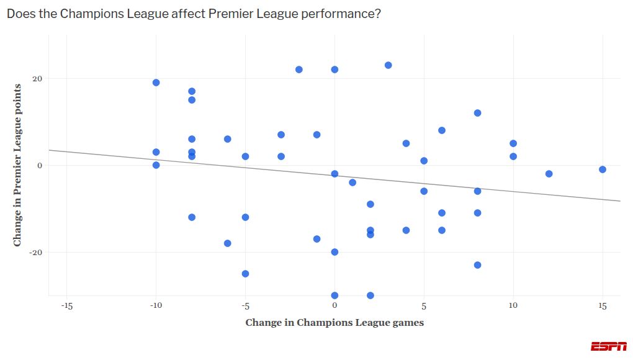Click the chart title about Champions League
point(194,14)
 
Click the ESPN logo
point(608,346)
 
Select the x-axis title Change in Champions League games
point(334,322)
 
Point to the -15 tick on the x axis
point(66,306)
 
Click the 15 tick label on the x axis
point(602,306)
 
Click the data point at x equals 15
point(602,169)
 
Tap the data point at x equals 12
point(549,174)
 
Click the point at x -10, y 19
point(156,83)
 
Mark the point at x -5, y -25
point(245,274)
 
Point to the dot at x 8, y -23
point(477,265)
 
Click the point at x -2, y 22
point(299,70)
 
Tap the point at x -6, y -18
point(227,243)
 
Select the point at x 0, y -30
point(334,295)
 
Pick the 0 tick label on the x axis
point(334,306)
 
